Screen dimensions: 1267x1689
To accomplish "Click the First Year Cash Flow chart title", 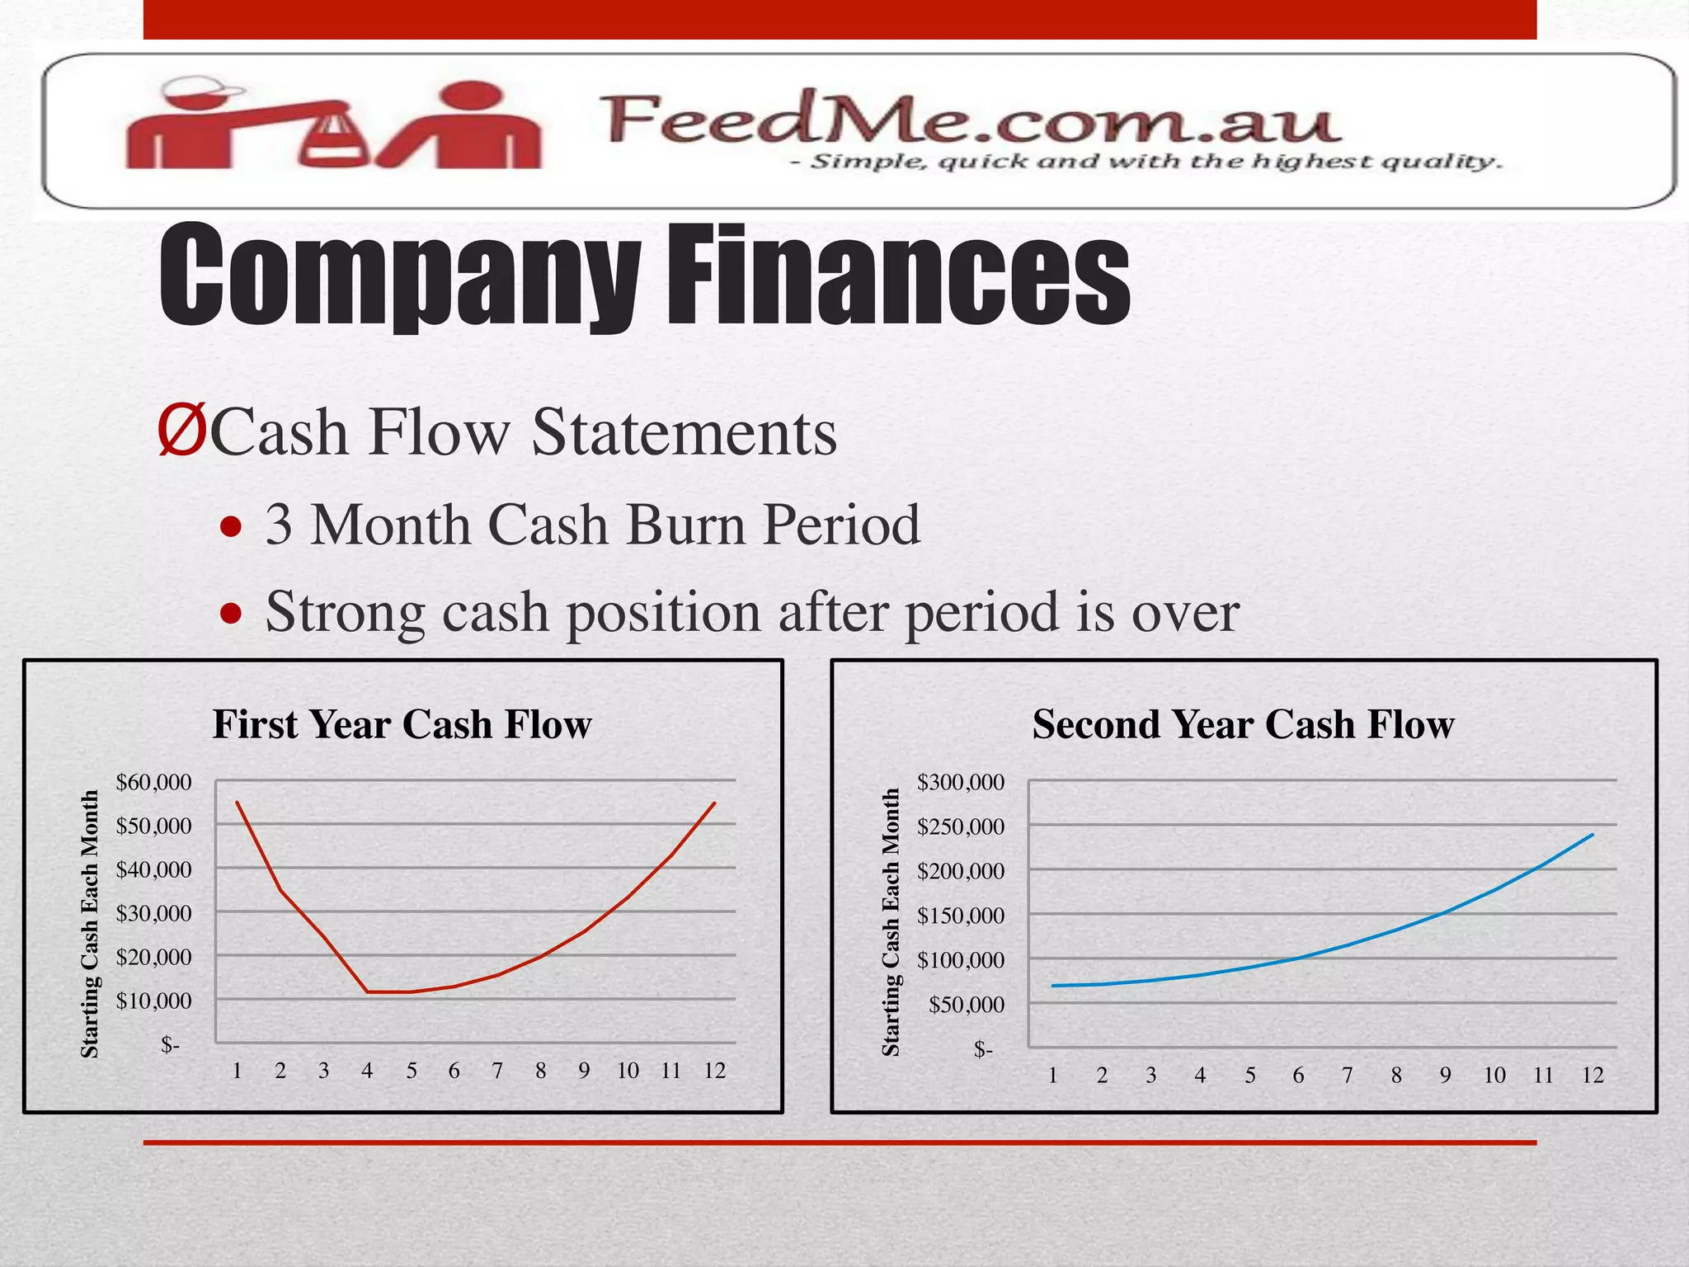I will point(402,724).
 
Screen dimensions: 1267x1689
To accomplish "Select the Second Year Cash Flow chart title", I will point(1243,724).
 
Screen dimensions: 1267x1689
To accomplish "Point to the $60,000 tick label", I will point(153,781).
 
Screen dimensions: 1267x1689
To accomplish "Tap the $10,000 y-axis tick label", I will point(153,1001).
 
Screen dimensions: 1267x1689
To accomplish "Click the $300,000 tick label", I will point(961,781).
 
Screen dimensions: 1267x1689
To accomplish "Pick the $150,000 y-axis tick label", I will point(961,916).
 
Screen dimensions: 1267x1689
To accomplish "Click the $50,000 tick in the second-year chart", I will point(967,1005).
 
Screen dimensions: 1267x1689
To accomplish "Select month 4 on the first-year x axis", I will point(367,1071).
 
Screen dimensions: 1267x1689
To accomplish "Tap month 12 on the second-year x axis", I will point(1593,1075).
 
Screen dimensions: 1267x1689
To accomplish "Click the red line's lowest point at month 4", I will point(368,991).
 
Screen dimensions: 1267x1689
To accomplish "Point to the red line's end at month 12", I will point(714,803).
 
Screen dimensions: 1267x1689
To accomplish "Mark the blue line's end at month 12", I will point(1593,835).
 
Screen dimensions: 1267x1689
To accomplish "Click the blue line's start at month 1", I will point(1053,986).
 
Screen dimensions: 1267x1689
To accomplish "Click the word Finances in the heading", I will point(899,276).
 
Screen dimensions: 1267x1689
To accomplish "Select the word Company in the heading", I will point(400,276).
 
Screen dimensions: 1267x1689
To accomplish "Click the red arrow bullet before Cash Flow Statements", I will point(181,431).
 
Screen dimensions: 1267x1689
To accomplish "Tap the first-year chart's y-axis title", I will point(89,924).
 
